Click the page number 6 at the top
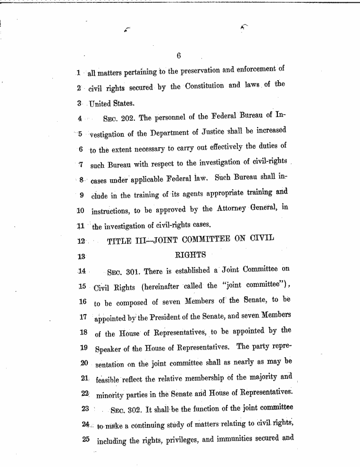179,57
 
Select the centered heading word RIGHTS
191,255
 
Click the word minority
112,394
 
